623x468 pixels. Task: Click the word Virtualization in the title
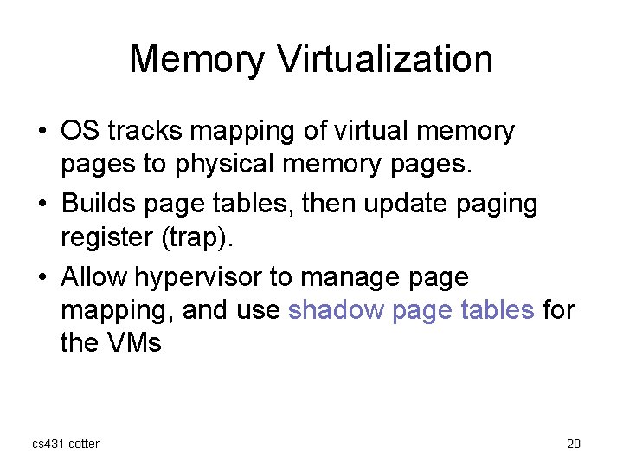click(386, 60)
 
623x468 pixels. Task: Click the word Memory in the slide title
click(196, 60)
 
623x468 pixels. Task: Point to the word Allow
click(93, 278)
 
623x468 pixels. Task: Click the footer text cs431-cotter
click(66, 444)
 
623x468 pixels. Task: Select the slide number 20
click(573, 444)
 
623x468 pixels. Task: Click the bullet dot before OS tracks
click(42, 133)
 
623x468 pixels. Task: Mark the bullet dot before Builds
click(42, 205)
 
